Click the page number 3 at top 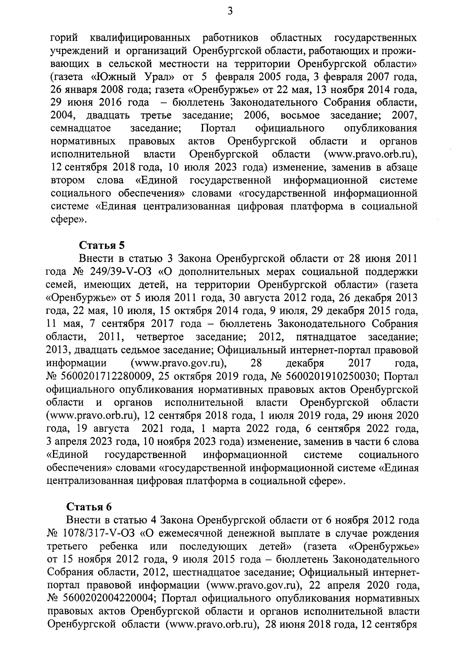[x=230, y=12]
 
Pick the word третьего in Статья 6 [x=65, y=546]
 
